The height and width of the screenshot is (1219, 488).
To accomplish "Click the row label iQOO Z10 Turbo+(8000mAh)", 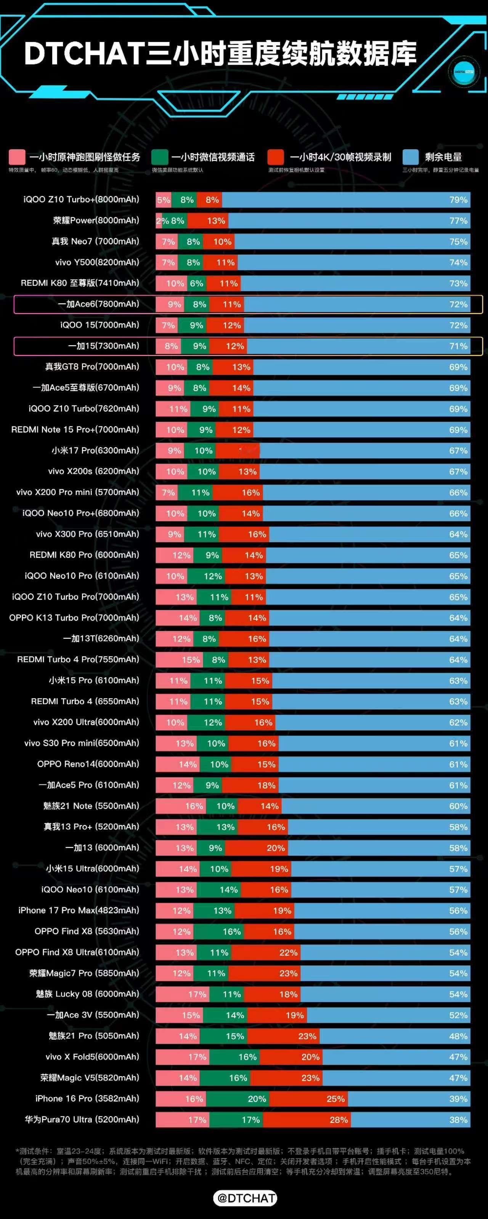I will point(81,200).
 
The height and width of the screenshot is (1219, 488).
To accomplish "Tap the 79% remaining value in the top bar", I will point(458,200).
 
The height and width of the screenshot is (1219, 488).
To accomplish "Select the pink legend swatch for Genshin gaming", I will point(16,157).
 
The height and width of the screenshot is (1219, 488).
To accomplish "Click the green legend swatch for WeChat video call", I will point(160,157).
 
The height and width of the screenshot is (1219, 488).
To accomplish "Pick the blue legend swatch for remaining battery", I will point(410,157).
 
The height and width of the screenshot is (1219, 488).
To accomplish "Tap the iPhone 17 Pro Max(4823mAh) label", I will point(79,910).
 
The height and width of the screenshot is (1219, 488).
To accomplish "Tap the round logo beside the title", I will point(464,72).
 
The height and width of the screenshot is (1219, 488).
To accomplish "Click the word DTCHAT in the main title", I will point(84,53).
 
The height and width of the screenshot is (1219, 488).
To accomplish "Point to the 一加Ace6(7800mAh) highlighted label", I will point(98,304).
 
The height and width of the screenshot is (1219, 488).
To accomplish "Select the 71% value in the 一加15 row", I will point(458,346).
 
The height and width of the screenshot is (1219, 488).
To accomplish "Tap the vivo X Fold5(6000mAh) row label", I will point(92,1057).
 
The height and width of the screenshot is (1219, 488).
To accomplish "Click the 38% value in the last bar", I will point(458,1120).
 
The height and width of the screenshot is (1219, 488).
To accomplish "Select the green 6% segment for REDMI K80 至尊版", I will point(197,283).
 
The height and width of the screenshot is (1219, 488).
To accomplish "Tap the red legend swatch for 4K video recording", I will point(276,157).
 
